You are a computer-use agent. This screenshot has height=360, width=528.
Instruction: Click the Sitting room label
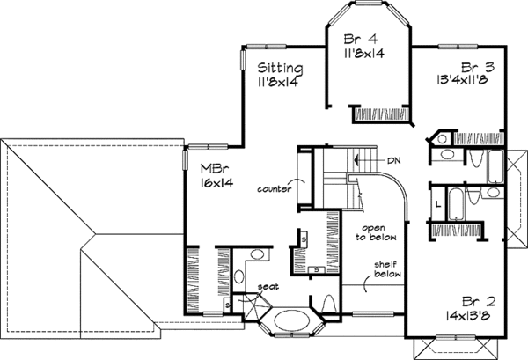(281, 68)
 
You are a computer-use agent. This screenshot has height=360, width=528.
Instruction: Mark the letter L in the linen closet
(437, 205)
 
